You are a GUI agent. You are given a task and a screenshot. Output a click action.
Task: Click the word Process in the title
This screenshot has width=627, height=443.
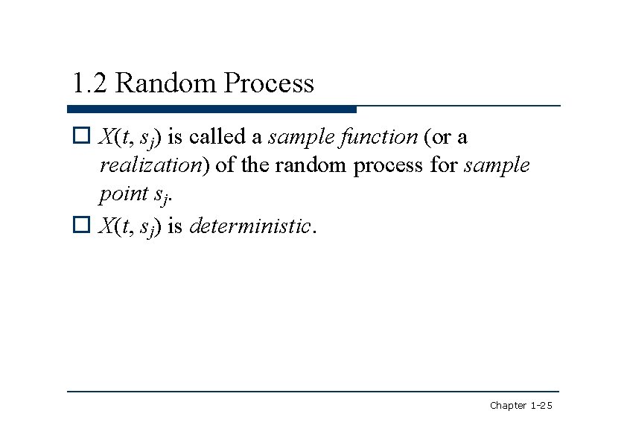pos(269,83)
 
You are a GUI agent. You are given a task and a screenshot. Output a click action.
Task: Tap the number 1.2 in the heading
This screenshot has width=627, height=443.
pos(89,83)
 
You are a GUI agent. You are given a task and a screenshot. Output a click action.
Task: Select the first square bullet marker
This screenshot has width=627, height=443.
pos(81,137)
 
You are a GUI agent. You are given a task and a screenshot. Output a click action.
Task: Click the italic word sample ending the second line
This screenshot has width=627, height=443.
pos(497,166)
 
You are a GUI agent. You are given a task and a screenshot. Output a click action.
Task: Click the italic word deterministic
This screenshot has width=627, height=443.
pos(249,226)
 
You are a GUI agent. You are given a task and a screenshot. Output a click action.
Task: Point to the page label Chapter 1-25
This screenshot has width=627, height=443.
pos(521,405)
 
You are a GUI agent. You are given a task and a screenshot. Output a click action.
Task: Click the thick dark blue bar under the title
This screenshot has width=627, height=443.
pos(212,109)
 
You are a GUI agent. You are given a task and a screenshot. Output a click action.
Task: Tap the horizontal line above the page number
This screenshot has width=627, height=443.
pos(313,391)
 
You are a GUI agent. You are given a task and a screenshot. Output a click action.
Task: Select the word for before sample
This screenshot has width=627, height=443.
pos(444,165)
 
